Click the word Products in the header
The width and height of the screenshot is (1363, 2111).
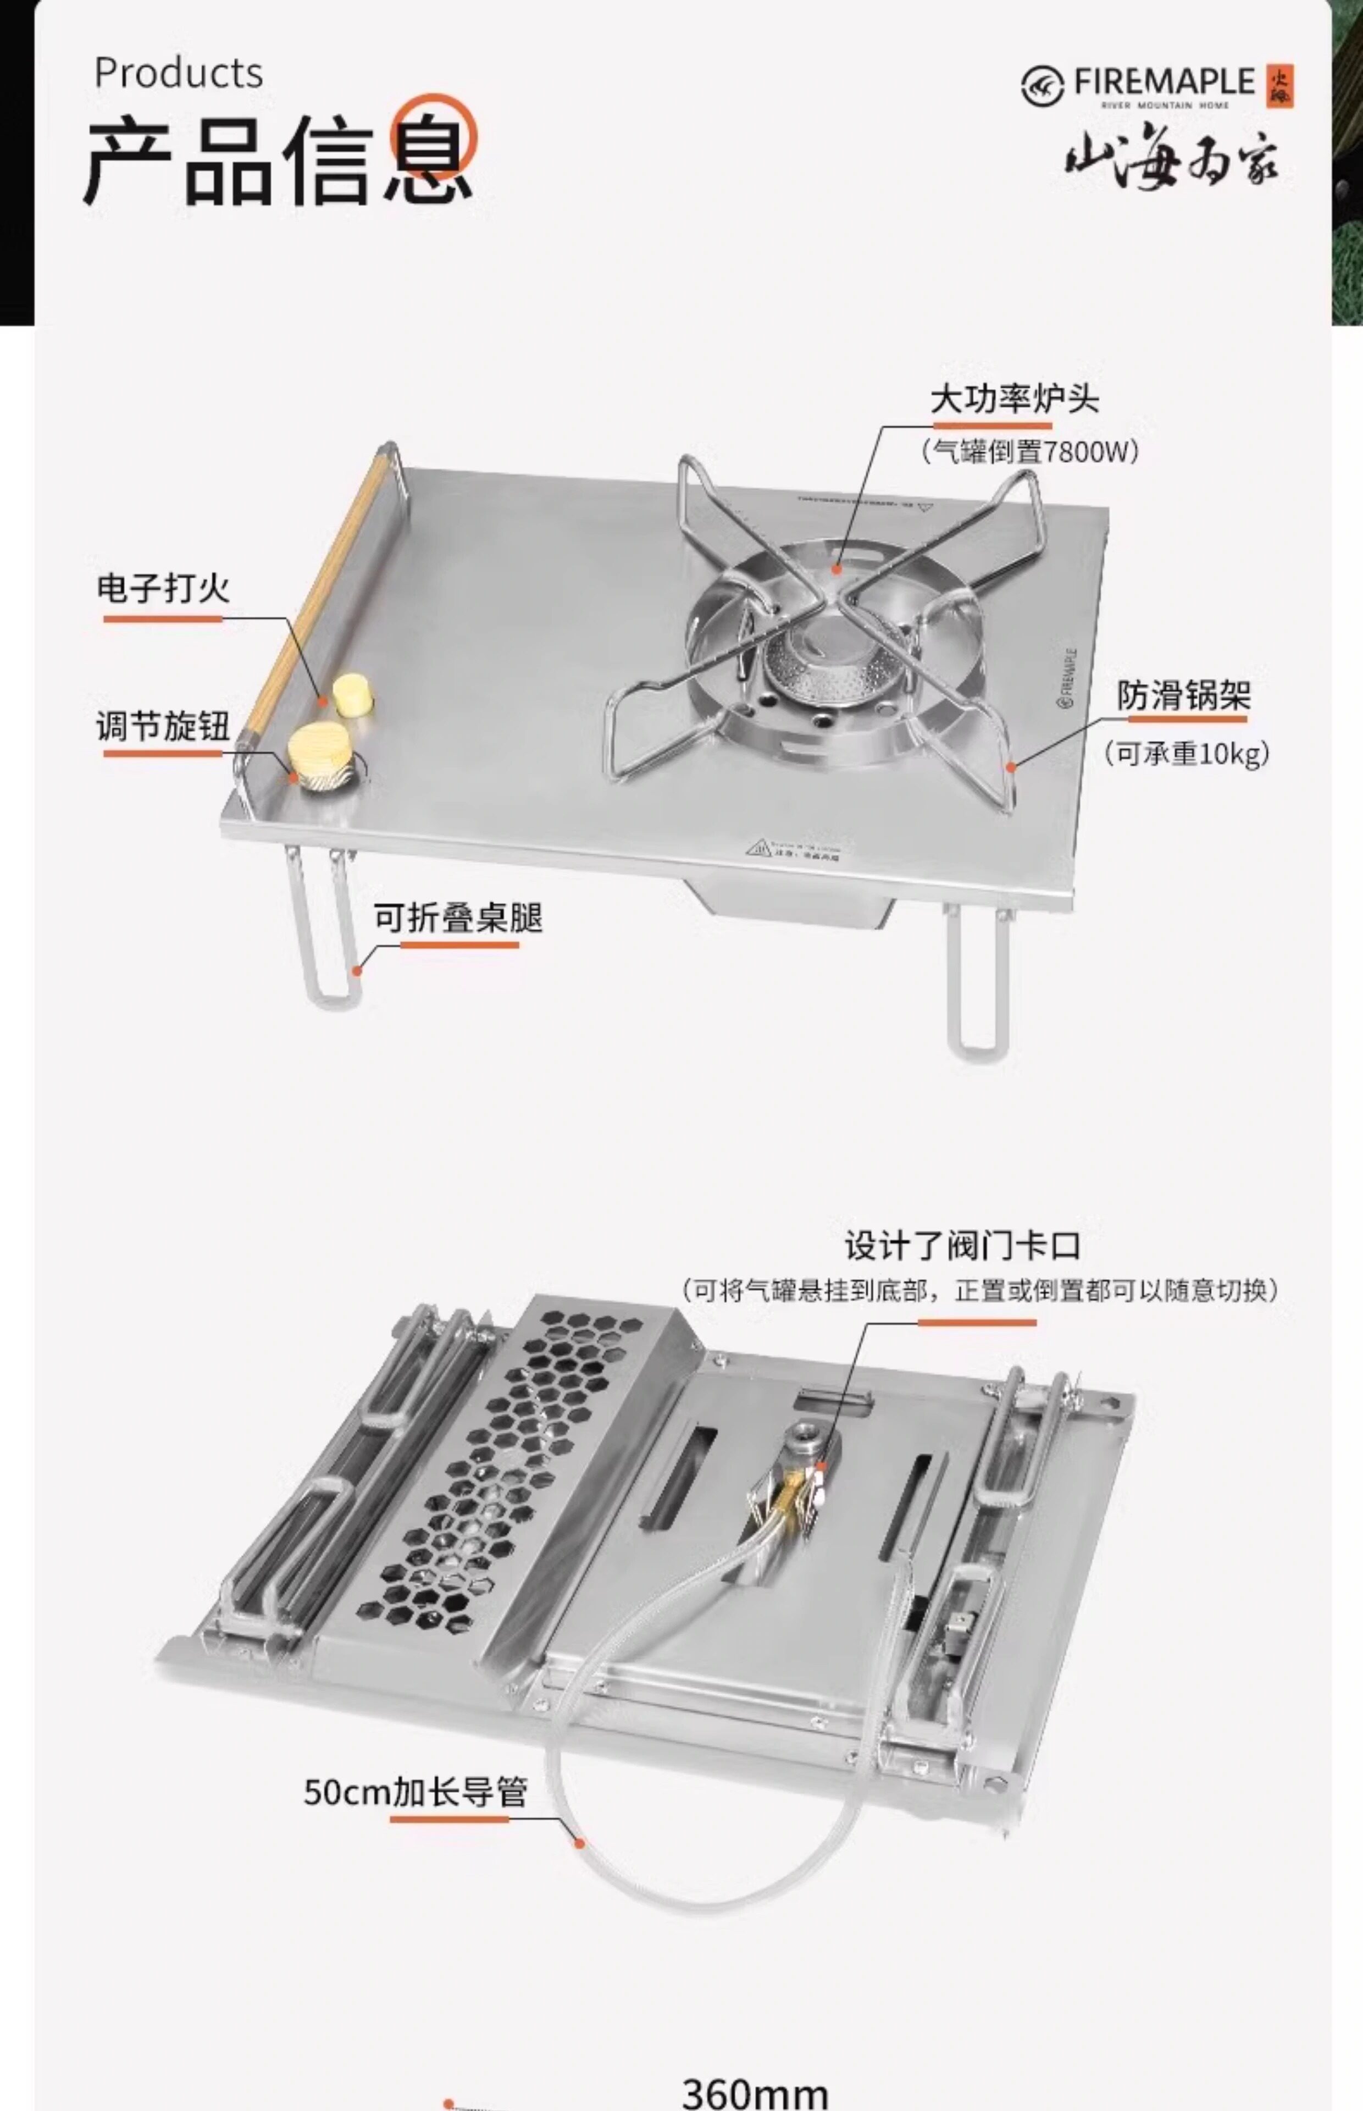pos(178,73)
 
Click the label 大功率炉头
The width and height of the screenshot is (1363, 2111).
pos(1015,399)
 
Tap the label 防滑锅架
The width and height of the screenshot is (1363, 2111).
pos(1183,696)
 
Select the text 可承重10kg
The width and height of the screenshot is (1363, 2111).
pos(1186,753)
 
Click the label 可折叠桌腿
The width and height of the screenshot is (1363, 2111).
pos(458,918)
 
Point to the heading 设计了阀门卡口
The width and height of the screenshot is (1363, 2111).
pos(962,1245)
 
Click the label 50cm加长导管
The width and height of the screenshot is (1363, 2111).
pos(415,1792)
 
